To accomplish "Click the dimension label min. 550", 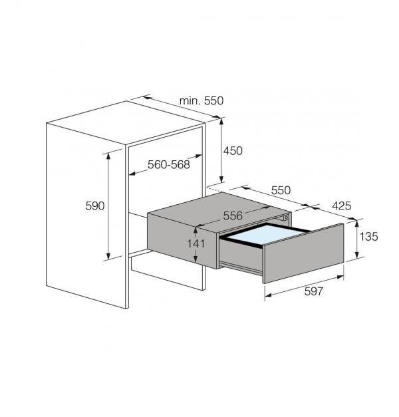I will pos(201,100).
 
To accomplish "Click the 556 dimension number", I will pos(232,215).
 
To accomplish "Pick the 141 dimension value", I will pos(196,243).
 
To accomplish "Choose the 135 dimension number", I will pos(369,236).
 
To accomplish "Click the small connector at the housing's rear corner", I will pos(285,217).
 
